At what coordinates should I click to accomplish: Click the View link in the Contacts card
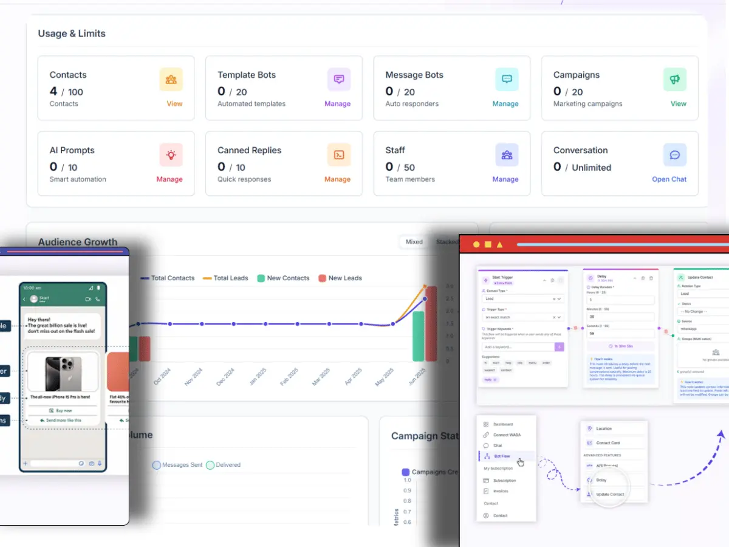[x=174, y=104]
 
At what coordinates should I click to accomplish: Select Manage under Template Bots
[x=337, y=104]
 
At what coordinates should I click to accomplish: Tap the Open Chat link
[x=669, y=179]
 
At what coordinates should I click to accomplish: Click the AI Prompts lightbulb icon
[x=171, y=155]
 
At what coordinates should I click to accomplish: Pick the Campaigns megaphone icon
[x=674, y=80]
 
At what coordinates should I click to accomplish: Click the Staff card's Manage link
[x=505, y=179]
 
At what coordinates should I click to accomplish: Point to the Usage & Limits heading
[x=72, y=33]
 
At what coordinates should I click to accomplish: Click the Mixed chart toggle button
[x=414, y=242]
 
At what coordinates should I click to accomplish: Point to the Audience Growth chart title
[x=78, y=242]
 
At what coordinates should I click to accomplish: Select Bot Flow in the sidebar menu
[x=502, y=456]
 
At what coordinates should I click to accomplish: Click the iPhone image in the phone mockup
[x=63, y=372]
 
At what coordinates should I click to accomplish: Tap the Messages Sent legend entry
[x=177, y=465]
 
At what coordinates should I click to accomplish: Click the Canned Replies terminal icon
[x=339, y=155]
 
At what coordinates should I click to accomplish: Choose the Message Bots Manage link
[x=505, y=104]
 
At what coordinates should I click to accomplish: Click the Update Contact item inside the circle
[x=609, y=494]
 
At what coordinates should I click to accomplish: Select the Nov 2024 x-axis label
[x=193, y=376]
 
